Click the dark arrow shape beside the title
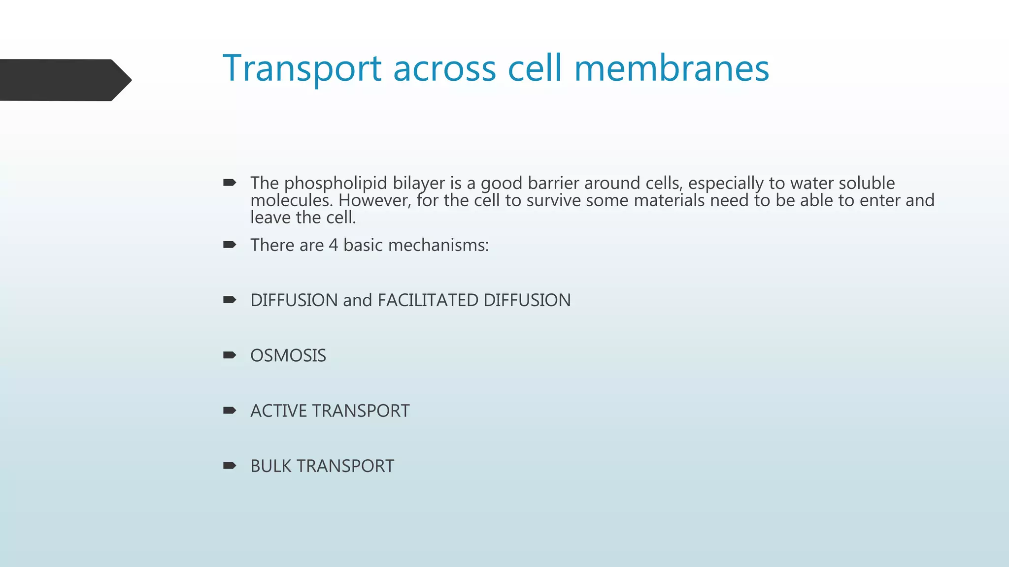click(64, 80)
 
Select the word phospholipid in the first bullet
click(336, 183)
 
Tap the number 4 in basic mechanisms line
click(334, 245)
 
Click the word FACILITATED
click(428, 300)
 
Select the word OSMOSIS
click(288, 355)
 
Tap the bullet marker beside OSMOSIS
click(230, 355)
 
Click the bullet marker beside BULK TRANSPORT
click(230, 465)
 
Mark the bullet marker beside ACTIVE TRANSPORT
click(230, 410)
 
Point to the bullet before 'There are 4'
click(230, 245)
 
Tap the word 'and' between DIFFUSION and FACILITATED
click(357, 300)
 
